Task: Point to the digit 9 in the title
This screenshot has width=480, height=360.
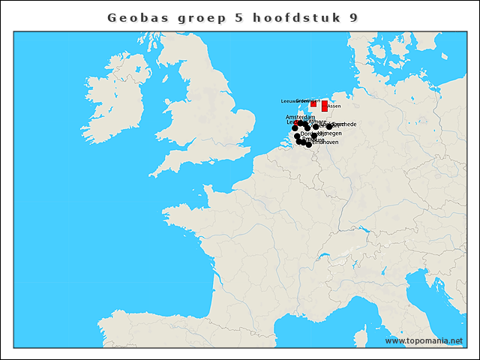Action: pyautogui.click(x=353, y=17)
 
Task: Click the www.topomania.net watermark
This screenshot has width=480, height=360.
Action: pyautogui.click(x=424, y=340)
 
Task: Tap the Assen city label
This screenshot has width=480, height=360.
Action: pyautogui.click(x=334, y=106)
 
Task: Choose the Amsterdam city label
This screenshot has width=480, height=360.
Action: pyautogui.click(x=300, y=117)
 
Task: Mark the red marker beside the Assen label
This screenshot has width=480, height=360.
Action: pyautogui.click(x=324, y=106)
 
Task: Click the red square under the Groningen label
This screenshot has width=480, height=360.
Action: pyautogui.click(x=313, y=104)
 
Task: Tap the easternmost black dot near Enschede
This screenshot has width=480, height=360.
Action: pyautogui.click(x=329, y=127)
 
